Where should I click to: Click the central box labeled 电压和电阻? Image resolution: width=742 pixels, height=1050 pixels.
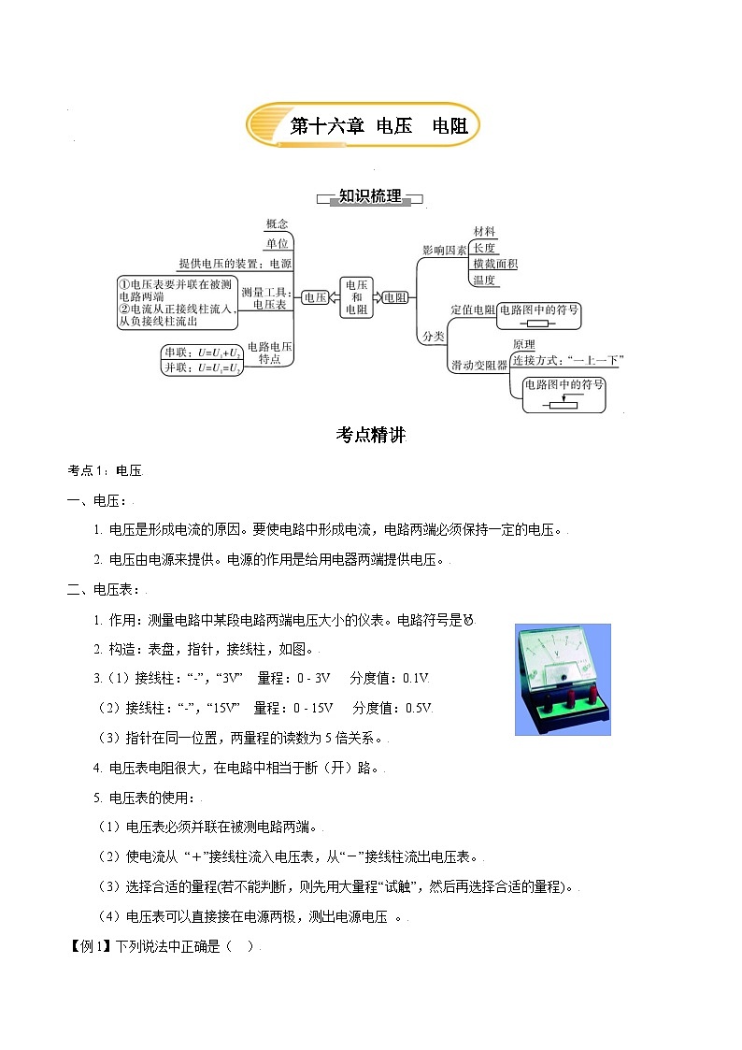[x=356, y=297]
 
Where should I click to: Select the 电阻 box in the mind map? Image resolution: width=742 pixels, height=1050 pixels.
[x=395, y=297]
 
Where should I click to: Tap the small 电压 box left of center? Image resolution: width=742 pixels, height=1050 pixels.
[x=316, y=297]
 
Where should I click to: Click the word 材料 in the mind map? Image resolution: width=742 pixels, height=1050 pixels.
[x=484, y=232]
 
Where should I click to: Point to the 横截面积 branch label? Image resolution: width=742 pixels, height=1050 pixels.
[x=494, y=264]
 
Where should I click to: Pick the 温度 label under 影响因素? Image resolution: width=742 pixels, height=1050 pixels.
[x=484, y=280]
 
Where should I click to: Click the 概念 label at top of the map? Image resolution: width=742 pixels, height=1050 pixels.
[x=277, y=224]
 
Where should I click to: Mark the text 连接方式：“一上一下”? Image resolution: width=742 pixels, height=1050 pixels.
[x=567, y=360]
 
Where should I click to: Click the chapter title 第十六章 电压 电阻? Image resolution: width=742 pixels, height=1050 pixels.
[x=378, y=126]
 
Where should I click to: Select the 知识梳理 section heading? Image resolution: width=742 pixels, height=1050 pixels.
[x=370, y=196]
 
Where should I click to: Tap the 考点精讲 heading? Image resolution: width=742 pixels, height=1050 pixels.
[x=370, y=435]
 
